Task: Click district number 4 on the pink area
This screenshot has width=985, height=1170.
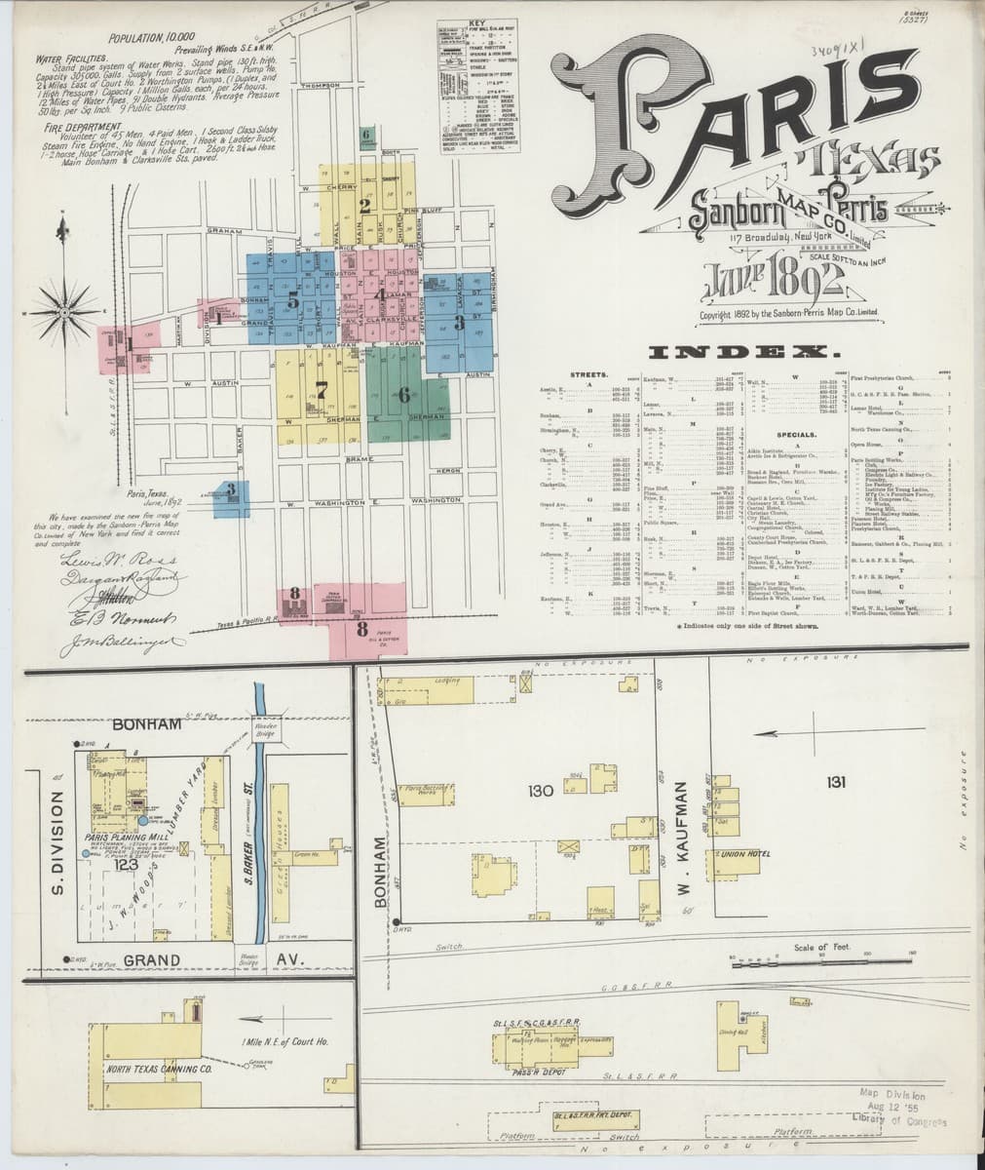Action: [x=378, y=293]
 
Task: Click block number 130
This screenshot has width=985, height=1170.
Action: [x=542, y=791]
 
